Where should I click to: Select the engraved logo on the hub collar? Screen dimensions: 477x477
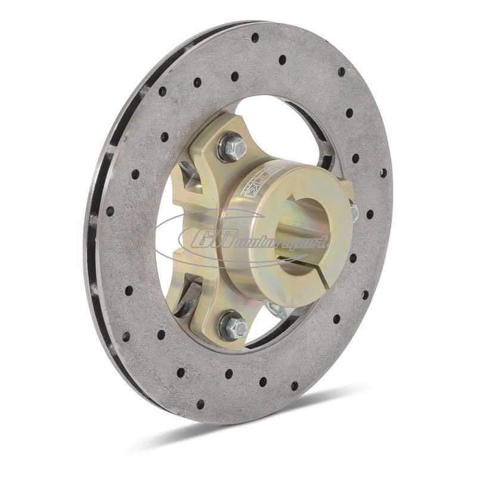(253, 182)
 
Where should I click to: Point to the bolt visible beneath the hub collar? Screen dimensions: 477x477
(274, 309)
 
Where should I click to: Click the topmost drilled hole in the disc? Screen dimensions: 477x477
(255, 37)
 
